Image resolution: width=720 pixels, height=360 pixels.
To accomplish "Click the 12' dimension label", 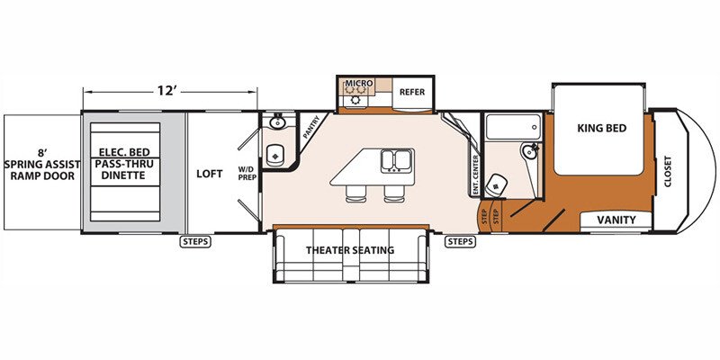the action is click(x=167, y=91).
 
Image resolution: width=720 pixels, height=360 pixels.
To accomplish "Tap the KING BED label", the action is click(x=601, y=128).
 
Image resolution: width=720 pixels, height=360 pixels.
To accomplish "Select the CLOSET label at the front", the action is click(x=667, y=172).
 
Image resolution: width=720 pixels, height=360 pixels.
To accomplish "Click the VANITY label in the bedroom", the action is click(x=616, y=220).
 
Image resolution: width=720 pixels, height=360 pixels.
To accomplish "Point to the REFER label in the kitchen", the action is click(x=412, y=92).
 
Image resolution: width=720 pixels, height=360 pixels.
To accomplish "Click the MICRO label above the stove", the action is click(x=359, y=83).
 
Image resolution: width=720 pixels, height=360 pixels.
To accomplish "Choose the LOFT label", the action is click(x=210, y=174).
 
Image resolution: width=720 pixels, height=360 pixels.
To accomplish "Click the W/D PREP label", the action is click(x=247, y=172).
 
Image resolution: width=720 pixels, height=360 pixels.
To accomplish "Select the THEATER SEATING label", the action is click(x=350, y=250).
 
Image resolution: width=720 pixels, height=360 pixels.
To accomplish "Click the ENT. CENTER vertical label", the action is click(x=475, y=174).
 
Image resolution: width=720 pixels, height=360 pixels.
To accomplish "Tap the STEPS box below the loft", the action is click(x=195, y=241).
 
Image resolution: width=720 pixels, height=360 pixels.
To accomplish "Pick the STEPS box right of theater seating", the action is click(x=460, y=241).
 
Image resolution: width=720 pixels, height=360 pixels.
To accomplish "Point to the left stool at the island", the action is click(x=355, y=193).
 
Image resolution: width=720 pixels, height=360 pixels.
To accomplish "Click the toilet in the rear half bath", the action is click(x=275, y=155).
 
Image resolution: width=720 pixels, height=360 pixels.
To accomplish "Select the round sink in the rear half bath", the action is click(x=277, y=122).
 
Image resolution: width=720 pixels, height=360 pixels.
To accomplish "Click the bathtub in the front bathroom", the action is click(x=513, y=126).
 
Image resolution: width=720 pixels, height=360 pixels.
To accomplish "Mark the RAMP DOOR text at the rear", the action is click(x=40, y=175).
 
